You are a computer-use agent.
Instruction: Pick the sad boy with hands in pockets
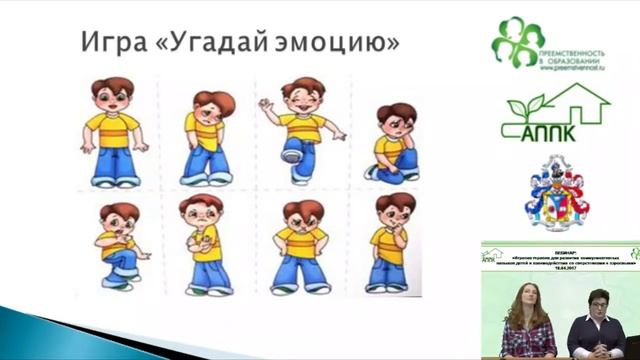[207, 135]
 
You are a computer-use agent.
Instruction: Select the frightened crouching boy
[119, 245]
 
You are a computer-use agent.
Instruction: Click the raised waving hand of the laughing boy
[265, 104]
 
